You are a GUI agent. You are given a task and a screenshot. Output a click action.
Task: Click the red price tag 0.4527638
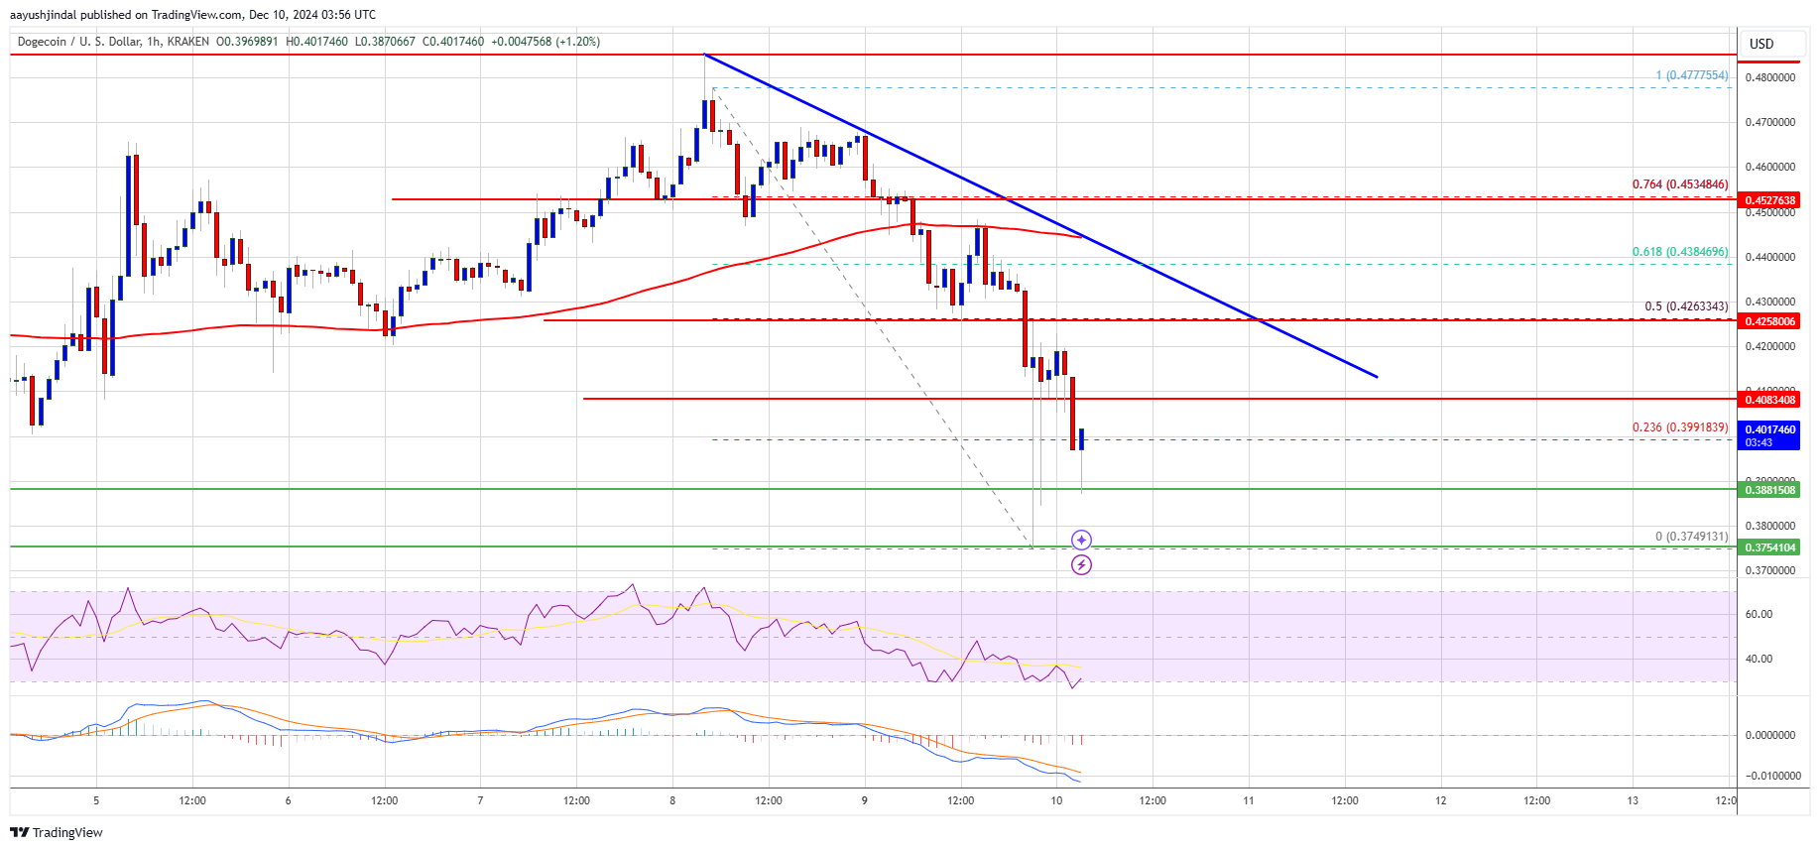tap(1769, 200)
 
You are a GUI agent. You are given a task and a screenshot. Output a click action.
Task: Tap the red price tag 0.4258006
tap(1769, 321)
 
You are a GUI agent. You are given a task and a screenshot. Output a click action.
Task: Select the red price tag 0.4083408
tap(1769, 400)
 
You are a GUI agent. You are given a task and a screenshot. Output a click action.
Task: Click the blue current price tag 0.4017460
tap(1769, 430)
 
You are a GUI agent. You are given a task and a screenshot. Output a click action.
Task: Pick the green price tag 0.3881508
tap(1769, 490)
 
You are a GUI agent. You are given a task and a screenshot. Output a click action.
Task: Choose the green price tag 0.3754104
tap(1769, 547)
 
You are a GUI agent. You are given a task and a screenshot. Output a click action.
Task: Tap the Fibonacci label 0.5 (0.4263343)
tap(1686, 306)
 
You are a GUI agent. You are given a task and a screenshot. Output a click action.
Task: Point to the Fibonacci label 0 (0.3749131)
tap(1691, 537)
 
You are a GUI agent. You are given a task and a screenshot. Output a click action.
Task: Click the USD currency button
tap(1761, 44)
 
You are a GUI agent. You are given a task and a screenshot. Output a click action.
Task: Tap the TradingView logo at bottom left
tap(57, 832)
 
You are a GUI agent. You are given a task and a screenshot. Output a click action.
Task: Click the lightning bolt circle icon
tap(1081, 564)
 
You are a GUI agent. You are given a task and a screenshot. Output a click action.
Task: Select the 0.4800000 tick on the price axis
tap(1769, 77)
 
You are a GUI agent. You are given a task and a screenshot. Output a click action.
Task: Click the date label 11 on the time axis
tap(1249, 800)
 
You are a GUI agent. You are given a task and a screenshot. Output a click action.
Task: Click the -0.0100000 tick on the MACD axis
tap(1769, 776)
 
